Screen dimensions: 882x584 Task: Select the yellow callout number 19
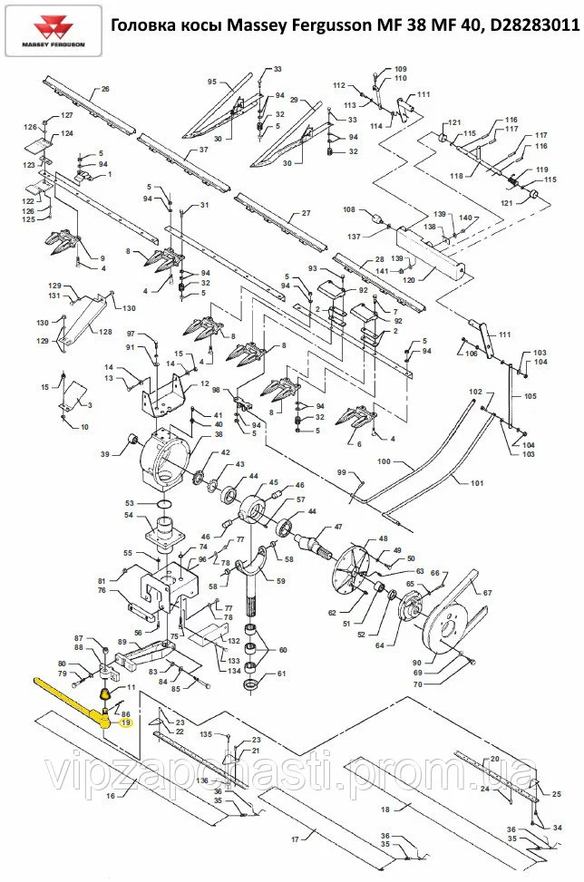click(x=126, y=723)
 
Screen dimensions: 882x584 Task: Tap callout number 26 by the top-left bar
click(x=105, y=89)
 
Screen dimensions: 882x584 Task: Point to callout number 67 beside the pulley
click(x=487, y=593)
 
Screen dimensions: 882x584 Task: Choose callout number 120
click(x=408, y=281)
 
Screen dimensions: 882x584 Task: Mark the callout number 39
click(x=104, y=454)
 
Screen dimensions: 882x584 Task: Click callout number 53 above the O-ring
click(x=130, y=502)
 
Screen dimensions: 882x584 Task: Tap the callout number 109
click(x=401, y=69)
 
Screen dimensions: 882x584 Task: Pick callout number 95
click(x=212, y=82)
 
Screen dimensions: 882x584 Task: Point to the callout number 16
click(x=111, y=795)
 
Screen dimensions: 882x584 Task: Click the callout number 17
click(x=296, y=839)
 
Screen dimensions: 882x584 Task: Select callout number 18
click(x=384, y=809)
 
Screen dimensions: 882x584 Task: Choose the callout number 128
click(x=107, y=333)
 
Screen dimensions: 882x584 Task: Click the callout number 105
click(x=530, y=396)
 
